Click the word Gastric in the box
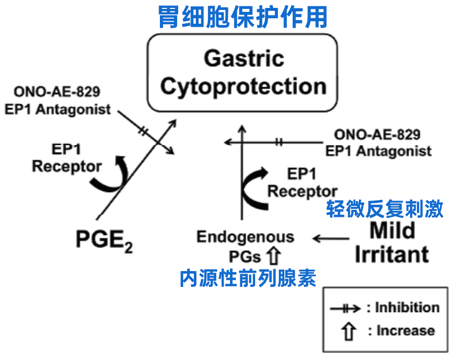pos(244,59)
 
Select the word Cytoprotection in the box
pos(243,86)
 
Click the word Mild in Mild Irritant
pos(392,231)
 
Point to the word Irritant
pos(392,254)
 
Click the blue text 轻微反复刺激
pos(385,209)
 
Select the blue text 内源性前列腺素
pos(248,279)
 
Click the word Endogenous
pos(245,237)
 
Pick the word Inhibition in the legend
pos(408,307)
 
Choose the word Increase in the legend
pos(406,330)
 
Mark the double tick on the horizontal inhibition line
pos(279,142)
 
